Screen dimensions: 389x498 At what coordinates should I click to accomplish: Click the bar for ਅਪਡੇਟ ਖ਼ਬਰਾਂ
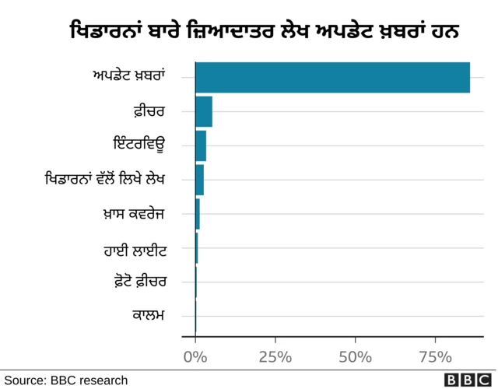tap(332, 77)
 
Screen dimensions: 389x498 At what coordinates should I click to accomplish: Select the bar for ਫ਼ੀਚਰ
tap(204, 111)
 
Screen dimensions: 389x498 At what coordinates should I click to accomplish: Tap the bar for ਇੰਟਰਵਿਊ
tap(201, 145)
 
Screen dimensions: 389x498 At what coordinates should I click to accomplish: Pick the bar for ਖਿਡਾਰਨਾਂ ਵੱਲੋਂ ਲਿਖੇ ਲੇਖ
tap(199, 180)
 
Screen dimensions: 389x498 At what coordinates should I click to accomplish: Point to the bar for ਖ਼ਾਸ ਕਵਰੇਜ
tap(198, 214)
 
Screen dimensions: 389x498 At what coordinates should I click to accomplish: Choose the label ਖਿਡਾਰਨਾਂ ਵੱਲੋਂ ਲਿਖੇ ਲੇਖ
tap(112, 180)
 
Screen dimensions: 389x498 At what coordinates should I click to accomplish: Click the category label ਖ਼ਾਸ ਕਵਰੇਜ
tap(141, 214)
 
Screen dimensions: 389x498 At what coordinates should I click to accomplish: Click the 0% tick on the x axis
tap(195, 357)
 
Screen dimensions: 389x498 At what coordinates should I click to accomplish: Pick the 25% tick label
tap(275, 357)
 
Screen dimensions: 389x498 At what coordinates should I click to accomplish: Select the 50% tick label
tap(355, 357)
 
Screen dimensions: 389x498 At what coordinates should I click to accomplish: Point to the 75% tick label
tap(435, 357)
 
